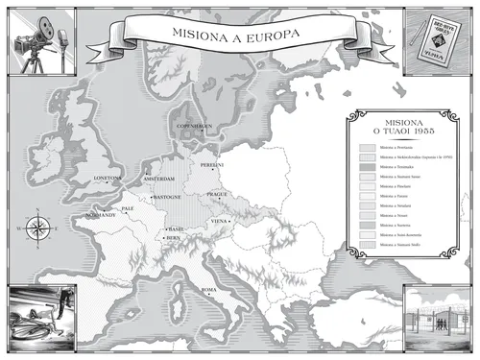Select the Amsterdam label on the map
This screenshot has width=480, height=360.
pos(158,179)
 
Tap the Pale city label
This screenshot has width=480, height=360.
pos(127,207)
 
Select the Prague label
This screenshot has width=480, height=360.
pos(216,194)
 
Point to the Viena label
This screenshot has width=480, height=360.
pos(221,221)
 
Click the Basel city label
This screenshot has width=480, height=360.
pos(175,229)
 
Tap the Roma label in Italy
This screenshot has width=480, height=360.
pos(208,289)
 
